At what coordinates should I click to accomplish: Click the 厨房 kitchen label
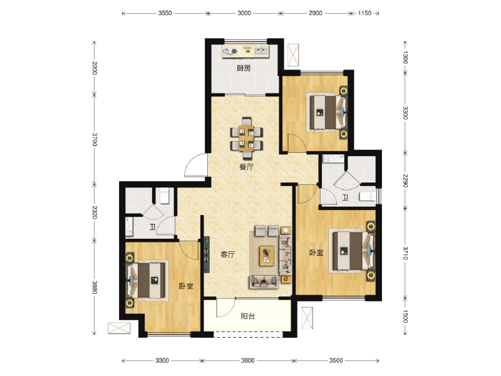point(244,68)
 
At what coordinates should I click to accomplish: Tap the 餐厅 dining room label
point(246,167)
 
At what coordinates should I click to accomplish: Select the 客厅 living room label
point(228,254)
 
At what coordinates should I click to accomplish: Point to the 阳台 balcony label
point(247,316)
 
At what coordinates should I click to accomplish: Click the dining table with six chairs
point(247,138)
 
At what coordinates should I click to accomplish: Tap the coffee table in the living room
point(267,256)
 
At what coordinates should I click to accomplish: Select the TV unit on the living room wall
point(207,255)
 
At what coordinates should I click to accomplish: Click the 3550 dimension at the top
point(165,13)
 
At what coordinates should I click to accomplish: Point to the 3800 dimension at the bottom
point(247,361)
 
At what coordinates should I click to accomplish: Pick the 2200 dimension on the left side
point(95,68)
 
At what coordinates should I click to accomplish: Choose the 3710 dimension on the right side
point(405,253)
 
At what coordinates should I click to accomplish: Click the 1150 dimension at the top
point(364,13)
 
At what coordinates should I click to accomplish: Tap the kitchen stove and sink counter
point(245,51)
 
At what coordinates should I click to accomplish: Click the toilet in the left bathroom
point(164,196)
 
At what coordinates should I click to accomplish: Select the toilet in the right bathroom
point(368,196)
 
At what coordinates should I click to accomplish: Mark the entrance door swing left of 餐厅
point(195,165)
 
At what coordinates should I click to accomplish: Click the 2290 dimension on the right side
point(405,181)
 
